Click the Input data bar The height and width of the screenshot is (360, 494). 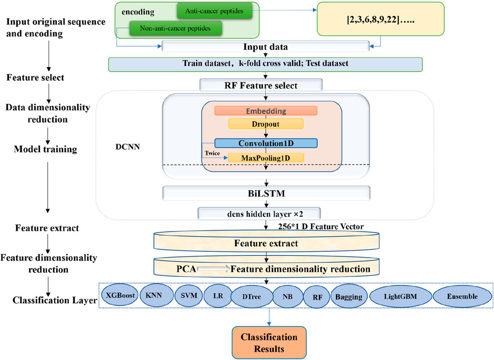coord(265,47)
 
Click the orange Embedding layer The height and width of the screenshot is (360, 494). coord(265,111)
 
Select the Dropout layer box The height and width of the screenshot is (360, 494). coord(265,124)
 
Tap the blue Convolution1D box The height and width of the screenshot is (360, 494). coord(265,143)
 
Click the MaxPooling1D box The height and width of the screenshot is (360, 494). coord(265,158)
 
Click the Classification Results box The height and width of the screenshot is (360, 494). coord(269,342)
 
